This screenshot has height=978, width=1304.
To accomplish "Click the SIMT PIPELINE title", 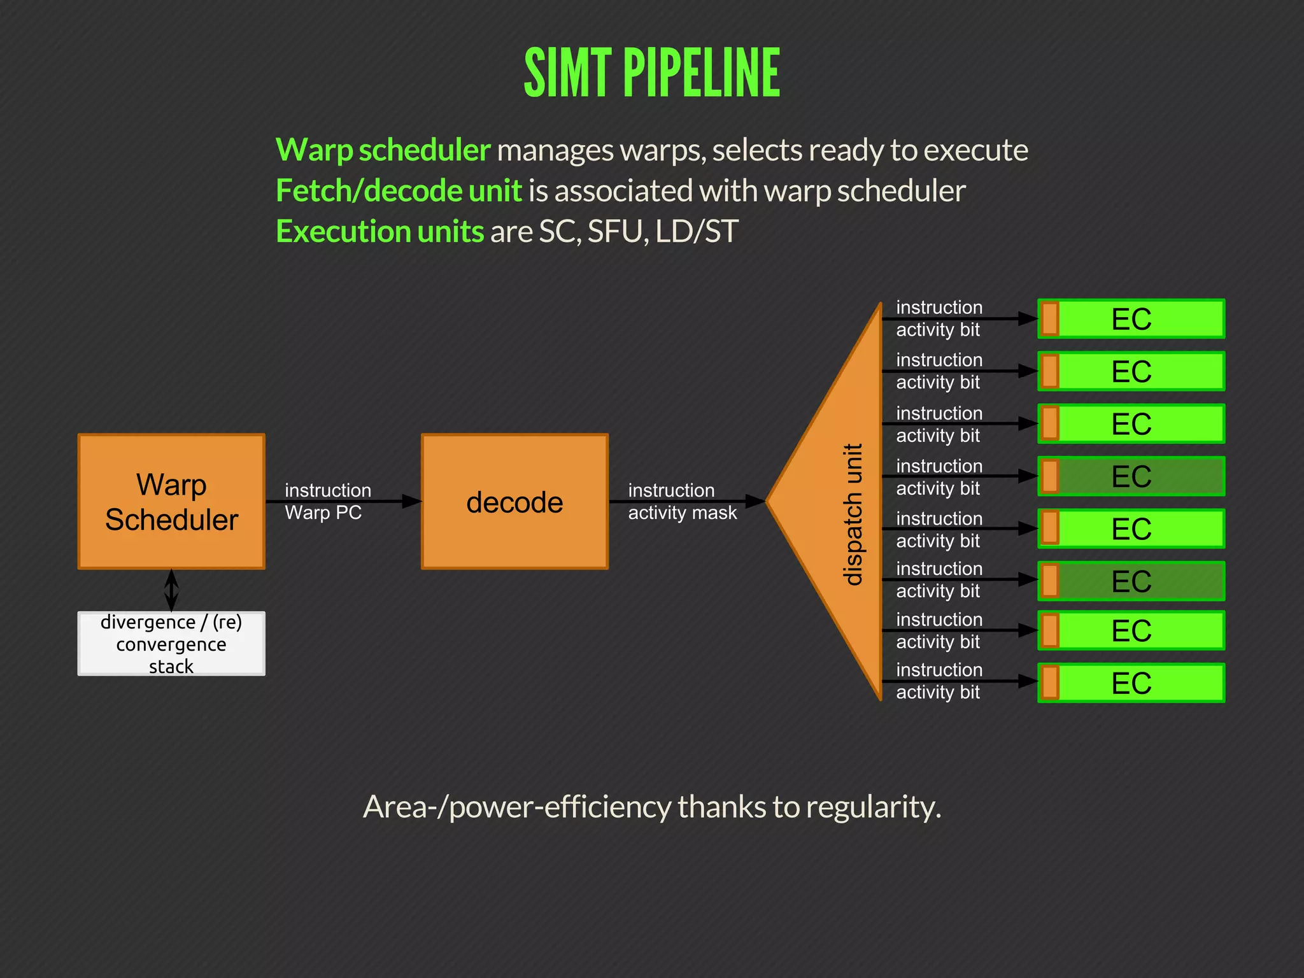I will (651, 73).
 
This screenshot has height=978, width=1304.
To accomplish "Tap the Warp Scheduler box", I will (171, 502).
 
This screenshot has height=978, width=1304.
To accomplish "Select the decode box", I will (514, 502).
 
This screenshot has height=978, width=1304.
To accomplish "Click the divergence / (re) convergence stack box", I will (171, 644).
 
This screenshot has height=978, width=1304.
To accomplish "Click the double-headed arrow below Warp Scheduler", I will (171, 590).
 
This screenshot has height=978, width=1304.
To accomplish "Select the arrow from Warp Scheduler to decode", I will (344, 502).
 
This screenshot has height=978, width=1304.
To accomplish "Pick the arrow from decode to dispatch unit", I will (688, 502).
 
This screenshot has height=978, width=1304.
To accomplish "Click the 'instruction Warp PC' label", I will (327, 502).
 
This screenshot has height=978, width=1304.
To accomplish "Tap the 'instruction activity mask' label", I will (681, 502).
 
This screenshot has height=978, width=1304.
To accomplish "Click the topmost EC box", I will (1131, 318).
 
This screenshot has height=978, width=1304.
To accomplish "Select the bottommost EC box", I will (1131, 683).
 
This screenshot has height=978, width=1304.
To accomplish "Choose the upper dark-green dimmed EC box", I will (1131, 476).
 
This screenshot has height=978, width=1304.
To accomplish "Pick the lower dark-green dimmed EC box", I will (1131, 581).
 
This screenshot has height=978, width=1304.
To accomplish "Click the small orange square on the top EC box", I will (1049, 318).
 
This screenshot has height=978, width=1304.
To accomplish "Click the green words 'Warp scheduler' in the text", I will (383, 150).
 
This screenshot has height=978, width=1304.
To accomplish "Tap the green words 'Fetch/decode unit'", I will (399, 191).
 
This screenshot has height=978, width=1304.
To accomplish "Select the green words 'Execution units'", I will (380, 231).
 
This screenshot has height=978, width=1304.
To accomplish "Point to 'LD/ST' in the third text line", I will (697, 231).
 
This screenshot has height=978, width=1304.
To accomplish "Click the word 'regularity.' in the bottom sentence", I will (873, 807).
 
